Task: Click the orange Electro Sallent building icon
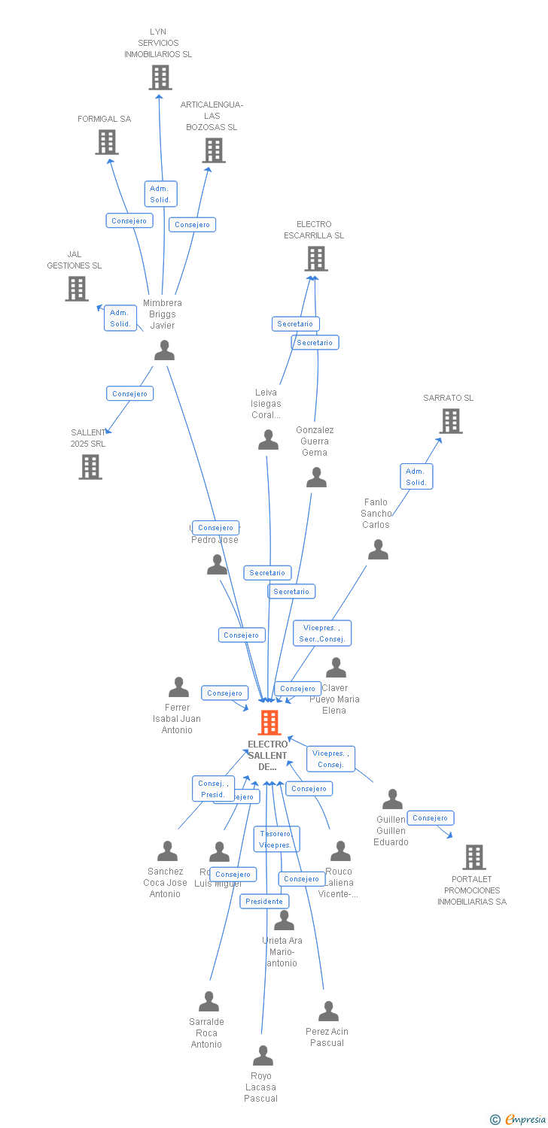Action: (269, 723)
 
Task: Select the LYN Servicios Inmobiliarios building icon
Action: (160, 77)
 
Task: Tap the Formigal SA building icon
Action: (107, 142)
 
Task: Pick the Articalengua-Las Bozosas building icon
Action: (214, 150)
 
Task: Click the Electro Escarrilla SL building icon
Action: (315, 259)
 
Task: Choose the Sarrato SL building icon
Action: (450, 421)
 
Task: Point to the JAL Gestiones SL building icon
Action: (76, 289)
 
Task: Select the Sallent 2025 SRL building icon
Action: (90, 467)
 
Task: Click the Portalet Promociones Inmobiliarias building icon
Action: (473, 857)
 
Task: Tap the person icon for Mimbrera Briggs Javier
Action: (164, 350)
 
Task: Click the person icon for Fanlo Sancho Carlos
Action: (378, 550)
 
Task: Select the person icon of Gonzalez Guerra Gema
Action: (316, 478)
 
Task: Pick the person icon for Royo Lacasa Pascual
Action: (263, 1056)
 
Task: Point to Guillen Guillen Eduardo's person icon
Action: (392, 799)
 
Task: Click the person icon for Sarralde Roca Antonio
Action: (209, 1002)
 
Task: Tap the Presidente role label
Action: (264, 901)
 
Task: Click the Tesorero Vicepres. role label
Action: (276, 839)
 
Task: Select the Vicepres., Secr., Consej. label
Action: (322, 633)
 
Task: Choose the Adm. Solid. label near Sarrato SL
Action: (416, 477)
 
